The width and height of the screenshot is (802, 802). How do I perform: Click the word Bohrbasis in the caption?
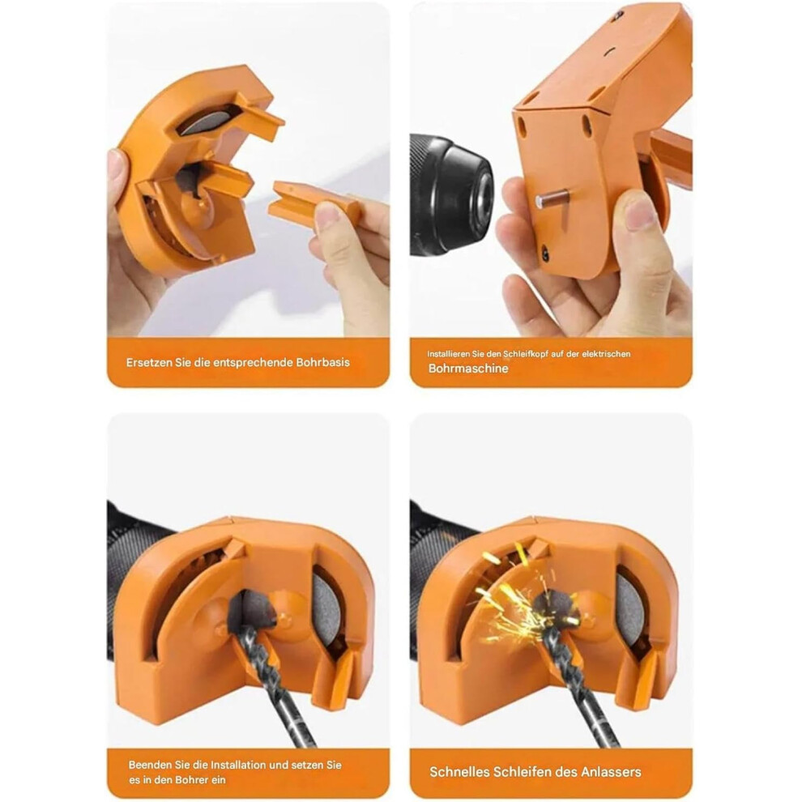pos(322,363)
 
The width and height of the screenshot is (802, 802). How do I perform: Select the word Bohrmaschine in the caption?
pos(468,369)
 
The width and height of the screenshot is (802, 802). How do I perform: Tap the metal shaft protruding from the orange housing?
pos(552,198)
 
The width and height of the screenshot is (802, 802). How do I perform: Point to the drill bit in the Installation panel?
pos(276,685)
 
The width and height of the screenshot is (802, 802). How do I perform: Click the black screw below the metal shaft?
pos(545,254)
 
